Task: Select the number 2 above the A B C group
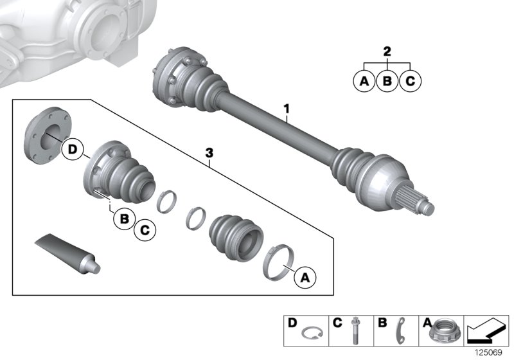[386, 51]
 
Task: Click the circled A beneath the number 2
[364, 82]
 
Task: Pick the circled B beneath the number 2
[387, 82]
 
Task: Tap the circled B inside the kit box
[124, 219]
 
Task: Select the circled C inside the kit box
[145, 228]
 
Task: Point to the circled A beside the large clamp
[305, 278]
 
